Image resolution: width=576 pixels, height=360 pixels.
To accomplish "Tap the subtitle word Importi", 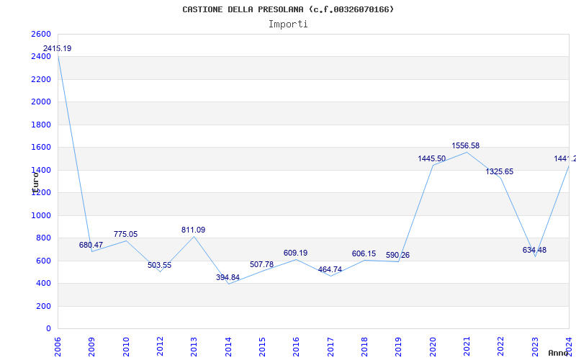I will (288, 24).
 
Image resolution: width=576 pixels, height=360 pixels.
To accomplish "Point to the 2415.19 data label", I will (58, 48).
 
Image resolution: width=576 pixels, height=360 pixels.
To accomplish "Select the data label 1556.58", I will (466, 145).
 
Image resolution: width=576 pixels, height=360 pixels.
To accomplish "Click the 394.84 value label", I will (228, 277).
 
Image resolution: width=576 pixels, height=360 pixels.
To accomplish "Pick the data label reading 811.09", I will (193, 230).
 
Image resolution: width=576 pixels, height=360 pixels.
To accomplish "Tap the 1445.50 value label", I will (432, 158).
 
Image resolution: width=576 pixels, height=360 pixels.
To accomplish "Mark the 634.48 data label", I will (534, 250).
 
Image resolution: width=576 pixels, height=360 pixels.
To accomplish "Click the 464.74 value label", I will (330, 269).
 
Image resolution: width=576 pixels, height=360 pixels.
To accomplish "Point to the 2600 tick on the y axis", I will (41, 34).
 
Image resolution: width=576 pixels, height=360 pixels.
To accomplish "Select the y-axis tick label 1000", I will (41, 215).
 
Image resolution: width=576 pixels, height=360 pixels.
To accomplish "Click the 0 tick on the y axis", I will (48, 328).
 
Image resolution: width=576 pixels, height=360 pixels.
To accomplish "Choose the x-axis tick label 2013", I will (194, 346).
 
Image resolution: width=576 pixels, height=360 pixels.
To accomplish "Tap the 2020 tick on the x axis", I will (433, 346).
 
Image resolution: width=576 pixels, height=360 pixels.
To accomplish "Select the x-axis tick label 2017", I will (330, 346).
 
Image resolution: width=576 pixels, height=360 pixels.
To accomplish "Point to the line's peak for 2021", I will (467, 152).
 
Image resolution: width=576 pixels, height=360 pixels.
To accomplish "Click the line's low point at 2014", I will (229, 284).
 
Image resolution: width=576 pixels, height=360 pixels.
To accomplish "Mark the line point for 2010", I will (126, 240).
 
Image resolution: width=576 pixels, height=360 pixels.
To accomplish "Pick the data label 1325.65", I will (500, 171).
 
